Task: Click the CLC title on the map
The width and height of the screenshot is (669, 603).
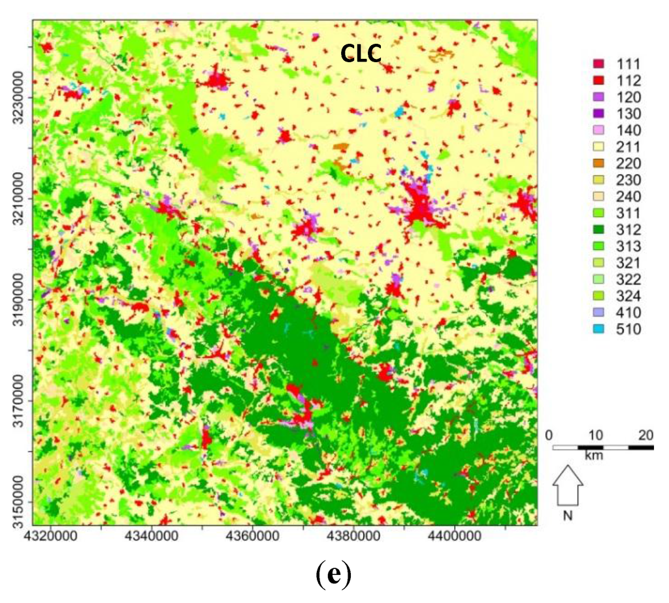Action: (361, 54)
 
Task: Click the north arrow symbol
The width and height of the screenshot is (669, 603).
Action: (568, 485)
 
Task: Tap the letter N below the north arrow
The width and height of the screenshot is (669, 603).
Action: (568, 515)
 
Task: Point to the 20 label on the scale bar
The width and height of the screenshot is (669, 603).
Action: (646, 436)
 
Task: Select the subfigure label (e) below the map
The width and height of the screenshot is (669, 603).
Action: (334, 576)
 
